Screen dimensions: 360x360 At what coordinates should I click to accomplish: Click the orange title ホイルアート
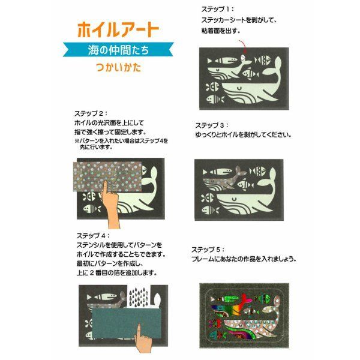click(x=118, y=30)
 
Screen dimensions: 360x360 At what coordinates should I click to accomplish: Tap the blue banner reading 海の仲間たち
click(x=118, y=50)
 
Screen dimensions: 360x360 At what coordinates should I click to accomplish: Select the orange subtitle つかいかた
click(x=118, y=67)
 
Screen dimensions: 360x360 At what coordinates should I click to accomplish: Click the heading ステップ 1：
click(x=217, y=10)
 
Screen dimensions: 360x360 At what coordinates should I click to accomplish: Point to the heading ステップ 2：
click(x=91, y=113)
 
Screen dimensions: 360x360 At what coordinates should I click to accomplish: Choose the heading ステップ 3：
click(x=212, y=125)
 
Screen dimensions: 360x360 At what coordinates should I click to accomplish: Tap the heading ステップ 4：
click(x=93, y=236)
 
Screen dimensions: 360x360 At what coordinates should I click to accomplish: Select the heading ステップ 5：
click(x=208, y=250)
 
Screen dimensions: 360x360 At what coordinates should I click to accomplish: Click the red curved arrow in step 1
click(x=243, y=47)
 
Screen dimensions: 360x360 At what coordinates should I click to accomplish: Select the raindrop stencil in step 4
click(x=139, y=298)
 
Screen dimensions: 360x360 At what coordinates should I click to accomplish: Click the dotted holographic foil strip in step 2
click(x=107, y=176)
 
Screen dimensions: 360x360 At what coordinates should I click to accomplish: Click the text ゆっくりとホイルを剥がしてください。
click(x=243, y=135)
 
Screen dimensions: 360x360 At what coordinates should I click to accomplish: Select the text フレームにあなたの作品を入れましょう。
click(x=244, y=259)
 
